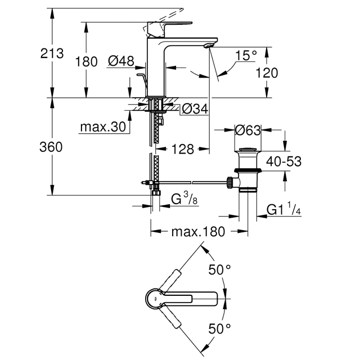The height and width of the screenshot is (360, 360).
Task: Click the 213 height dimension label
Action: pos(52,53)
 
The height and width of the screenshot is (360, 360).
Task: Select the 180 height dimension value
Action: pos(86,62)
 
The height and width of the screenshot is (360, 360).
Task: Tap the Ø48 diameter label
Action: pos(121,61)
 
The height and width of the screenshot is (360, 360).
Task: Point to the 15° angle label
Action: pos(246,55)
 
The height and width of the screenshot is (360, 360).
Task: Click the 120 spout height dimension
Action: pos(267,73)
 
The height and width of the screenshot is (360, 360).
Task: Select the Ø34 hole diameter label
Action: pos(195,109)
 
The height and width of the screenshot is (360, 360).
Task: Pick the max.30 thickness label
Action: pos(103,127)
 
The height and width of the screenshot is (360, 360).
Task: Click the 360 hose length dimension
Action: pos(51,147)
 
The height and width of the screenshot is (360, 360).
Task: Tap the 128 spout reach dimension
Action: pos(183,149)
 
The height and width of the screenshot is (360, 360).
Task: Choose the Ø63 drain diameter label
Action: pos(248,130)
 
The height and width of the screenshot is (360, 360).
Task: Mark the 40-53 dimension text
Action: pos(283,161)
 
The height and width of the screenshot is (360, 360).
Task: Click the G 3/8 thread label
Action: pos(184,199)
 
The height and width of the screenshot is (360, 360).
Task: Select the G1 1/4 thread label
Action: pos(283,209)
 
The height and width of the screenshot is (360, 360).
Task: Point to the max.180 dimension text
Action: pos(198,232)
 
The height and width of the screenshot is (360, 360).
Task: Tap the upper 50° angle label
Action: pos(219,269)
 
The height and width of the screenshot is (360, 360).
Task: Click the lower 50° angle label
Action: pos(219,328)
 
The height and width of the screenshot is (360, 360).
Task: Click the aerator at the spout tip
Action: pos(209,46)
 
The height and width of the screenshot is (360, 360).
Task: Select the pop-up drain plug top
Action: pos(248,150)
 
